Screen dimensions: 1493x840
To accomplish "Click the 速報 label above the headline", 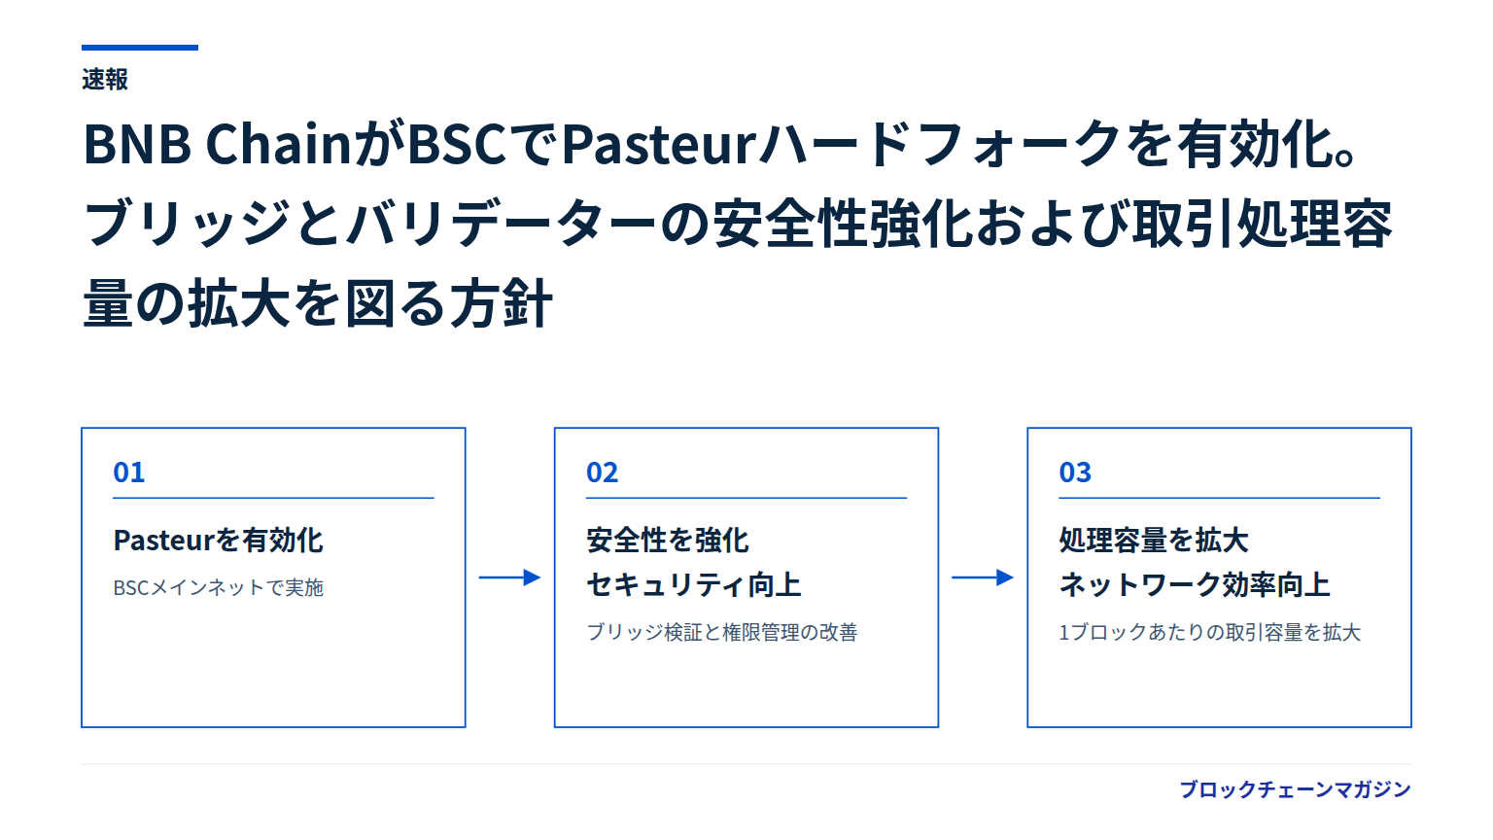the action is [x=105, y=80].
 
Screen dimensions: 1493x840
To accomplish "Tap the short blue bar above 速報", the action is [x=140, y=48].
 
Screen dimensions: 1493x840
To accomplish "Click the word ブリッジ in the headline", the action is [x=188, y=224].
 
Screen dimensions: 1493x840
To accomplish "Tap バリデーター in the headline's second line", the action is [x=503, y=224].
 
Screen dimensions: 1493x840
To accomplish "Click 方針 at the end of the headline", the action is [x=502, y=303].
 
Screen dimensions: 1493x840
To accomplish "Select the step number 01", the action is [x=128, y=472].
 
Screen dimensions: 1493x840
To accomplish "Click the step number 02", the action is [x=602, y=472].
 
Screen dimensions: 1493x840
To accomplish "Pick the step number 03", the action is [x=1075, y=472].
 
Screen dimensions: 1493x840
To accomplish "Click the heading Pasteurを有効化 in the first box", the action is [x=218, y=540].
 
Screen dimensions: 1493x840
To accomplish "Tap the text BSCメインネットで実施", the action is [x=218, y=587].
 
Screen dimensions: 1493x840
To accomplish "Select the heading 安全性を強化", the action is [x=667, y=540].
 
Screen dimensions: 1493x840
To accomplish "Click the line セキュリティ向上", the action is [x=694, y=584].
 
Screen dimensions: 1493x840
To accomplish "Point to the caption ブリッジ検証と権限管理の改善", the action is [x=722, y=632].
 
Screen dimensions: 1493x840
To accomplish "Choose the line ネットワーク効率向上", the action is [x=1195, y=584].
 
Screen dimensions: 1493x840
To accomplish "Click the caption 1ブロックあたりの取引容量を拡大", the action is [x=1210, y=632].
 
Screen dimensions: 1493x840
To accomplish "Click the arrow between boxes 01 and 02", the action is [x=510, y=577].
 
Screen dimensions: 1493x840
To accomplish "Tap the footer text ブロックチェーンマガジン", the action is [x=1295, y=789].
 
